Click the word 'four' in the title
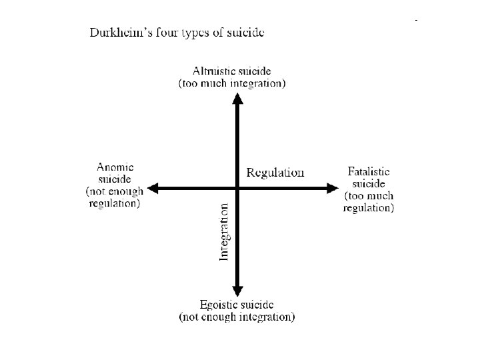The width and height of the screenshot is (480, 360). coord(159,33)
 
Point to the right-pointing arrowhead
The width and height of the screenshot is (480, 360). coord(333,189)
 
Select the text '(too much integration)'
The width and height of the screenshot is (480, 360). coord(232,83)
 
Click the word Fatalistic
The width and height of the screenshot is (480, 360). coord(369,171)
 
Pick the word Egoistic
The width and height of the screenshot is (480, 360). coord(218,305)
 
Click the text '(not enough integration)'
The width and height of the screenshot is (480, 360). coord(237,317)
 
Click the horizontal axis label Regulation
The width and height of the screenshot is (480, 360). coord(275,173)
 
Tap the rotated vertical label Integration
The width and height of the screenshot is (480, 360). coord(225,232)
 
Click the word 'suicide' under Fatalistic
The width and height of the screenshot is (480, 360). coord(369,183)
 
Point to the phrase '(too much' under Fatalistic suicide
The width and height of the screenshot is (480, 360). coord(369,196)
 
